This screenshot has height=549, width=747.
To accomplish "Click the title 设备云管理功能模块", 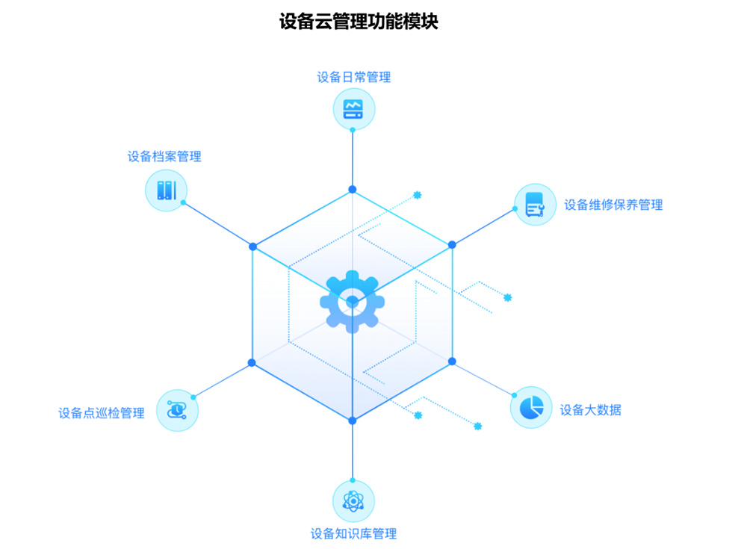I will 359,21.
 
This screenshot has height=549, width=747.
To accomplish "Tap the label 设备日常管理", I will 353,77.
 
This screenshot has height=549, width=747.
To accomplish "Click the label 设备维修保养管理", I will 613,205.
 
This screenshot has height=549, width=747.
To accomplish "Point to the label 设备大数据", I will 591,409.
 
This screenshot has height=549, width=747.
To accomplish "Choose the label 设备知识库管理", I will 353,533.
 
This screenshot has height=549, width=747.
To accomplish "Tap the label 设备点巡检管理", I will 102,412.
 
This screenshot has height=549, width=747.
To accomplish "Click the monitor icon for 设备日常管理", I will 353,109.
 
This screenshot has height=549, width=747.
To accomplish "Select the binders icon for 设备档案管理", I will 166,190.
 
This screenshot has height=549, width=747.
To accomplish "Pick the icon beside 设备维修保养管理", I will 536,205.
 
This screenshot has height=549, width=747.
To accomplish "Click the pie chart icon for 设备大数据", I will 531,408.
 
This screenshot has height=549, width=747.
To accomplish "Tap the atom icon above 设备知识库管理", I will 353,500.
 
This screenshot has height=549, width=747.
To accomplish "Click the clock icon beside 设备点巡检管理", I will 177,410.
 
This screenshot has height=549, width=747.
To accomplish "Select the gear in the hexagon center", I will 352,302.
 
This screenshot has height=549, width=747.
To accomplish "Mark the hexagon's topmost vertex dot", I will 353,190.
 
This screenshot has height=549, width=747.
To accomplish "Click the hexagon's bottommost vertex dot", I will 353,421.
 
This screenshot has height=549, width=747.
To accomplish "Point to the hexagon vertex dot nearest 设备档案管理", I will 252,246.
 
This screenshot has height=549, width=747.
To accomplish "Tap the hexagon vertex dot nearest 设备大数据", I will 452,361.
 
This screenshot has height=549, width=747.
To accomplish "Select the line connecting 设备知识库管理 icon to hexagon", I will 353,450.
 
